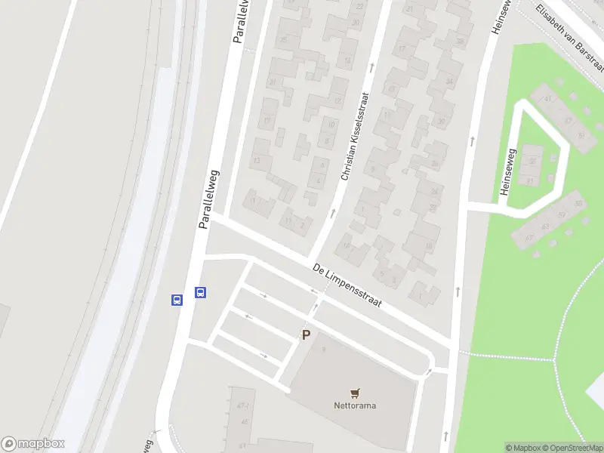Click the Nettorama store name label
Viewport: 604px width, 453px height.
point(355,405)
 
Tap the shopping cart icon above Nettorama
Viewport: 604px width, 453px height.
point(355,393)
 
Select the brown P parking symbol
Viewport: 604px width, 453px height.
point(306,335)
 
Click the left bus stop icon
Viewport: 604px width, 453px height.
point(177,300)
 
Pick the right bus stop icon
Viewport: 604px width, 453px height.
point(201,292)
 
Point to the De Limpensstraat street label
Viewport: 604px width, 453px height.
point(347,285)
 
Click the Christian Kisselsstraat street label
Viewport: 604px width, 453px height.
point(356,136)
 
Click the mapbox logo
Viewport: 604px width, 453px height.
point(33,444)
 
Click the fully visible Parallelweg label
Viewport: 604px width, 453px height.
point(208,199)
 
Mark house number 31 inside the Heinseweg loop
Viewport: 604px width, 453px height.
point(531,180)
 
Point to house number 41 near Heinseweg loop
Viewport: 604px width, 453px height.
point(548,98)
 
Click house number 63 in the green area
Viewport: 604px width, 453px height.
point(545,226)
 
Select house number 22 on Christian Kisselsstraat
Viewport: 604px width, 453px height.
point(359,6)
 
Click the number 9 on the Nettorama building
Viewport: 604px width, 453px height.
point(323,348)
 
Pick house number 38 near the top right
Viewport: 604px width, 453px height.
point(459,41)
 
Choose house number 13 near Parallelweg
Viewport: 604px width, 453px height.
point(257,160)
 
